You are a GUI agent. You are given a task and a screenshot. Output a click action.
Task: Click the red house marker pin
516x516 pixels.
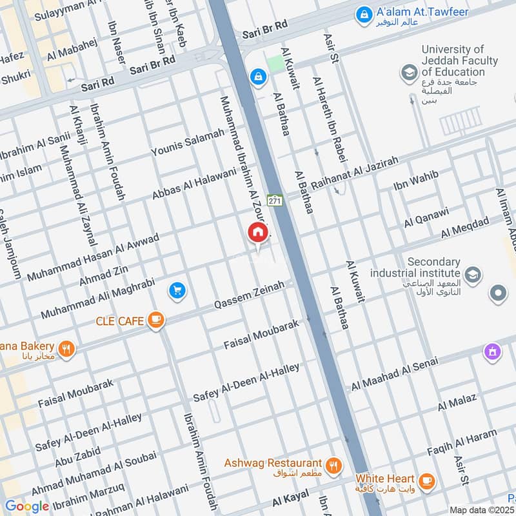tap(257, 233)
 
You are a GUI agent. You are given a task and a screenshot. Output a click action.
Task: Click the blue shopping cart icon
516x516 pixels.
tap(177, 291)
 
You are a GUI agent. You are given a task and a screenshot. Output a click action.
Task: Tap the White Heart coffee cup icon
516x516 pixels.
tap(426, 481)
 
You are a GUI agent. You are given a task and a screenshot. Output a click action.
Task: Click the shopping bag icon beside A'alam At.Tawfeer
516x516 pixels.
tap(364, 12)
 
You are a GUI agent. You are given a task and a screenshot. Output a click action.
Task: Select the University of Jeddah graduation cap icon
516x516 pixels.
tap(408, 73)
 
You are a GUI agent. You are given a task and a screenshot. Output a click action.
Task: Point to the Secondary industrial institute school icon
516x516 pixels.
tap(472, 275)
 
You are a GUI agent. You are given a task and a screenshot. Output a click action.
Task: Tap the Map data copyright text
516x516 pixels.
tap(482, 510)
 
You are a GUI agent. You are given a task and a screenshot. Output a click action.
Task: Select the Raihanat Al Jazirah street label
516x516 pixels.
tap(355, 172)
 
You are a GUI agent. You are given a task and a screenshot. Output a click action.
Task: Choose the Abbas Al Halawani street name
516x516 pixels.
tap(194, 183)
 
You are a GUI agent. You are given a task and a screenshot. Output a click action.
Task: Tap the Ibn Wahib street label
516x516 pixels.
tap(416, 181)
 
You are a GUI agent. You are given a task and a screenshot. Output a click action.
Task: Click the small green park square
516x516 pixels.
tap(275, 63)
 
